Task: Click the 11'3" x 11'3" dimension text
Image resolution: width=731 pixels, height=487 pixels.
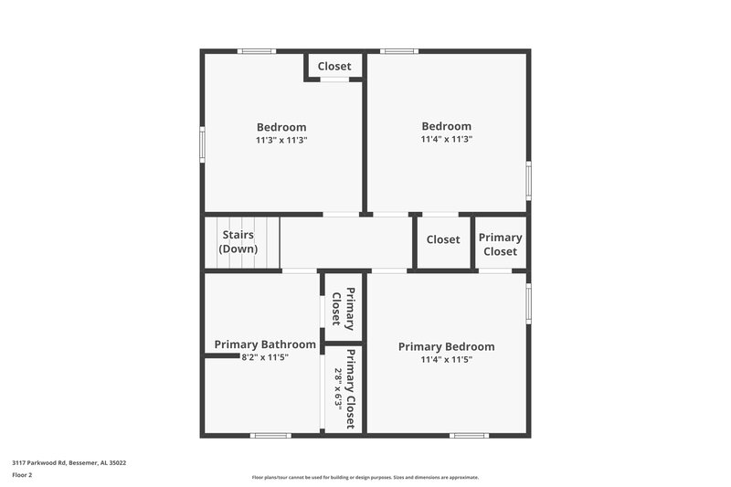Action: pos(281,141)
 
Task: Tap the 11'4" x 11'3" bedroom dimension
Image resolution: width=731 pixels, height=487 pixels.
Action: pos(446,140)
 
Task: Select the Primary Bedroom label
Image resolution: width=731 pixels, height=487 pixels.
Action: pos(446,346)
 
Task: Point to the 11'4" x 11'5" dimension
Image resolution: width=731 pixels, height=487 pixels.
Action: pos(446,360)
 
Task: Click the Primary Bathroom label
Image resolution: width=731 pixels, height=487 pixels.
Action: pos(265,344)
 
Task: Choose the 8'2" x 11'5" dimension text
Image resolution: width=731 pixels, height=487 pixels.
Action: pos(265,357)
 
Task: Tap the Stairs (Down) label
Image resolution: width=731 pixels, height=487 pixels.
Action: pos(238,242)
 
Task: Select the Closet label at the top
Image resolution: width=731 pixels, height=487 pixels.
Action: pos(334,67)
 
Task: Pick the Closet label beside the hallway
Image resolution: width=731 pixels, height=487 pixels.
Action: pos(443,239)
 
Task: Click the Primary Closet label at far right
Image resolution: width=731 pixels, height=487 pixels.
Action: pos(500,244)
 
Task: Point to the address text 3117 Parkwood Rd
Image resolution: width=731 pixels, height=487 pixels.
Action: pos(69,463)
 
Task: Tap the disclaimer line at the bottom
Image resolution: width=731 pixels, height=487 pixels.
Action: pos(365,477)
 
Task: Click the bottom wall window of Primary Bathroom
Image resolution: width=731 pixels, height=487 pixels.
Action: pos(270,435)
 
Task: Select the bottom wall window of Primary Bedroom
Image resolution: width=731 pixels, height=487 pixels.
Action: pos(469,435)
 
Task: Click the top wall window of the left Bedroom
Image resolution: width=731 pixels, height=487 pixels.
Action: pos(257,51)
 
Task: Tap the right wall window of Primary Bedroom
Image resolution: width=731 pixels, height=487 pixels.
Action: pos(528,303)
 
